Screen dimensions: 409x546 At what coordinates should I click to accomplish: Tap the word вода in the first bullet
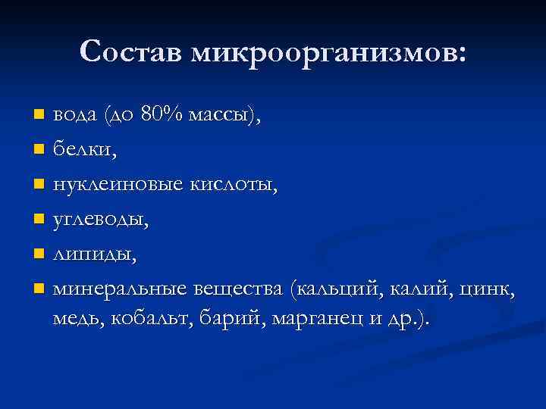click(74, 115)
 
